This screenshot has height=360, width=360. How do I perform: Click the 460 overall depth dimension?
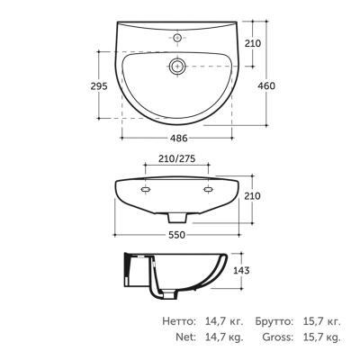[266, 85]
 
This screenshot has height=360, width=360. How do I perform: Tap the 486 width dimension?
[178, 139]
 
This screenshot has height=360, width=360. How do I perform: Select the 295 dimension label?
[99, 86]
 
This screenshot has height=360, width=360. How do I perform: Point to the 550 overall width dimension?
[176, 235]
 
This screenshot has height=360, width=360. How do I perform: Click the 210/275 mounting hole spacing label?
[177, 158]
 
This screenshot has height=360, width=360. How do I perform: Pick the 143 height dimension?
[241, 270]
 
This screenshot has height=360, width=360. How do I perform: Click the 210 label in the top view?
[253, 43]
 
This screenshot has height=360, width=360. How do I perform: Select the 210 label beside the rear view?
[252, 196]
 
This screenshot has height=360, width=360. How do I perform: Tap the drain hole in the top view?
[177, 66]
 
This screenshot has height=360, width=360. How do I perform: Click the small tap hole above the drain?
[177, 38]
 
